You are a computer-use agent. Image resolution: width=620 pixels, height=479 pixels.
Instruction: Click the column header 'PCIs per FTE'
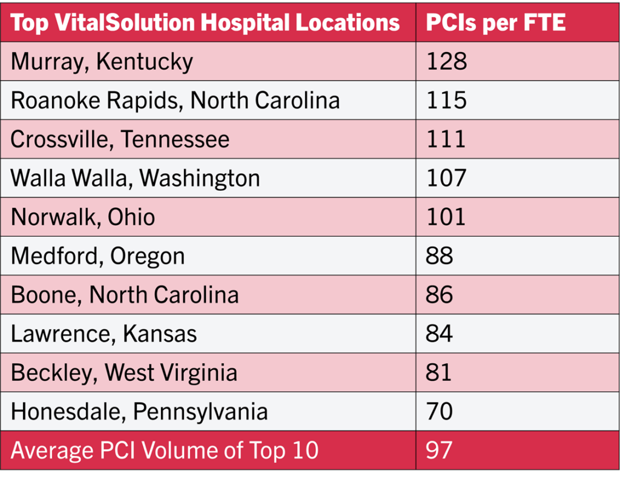pyautogui.click(x=496, y=23)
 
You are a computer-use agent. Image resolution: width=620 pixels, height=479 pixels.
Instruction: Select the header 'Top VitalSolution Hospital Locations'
pyautogui.click(x=205, y=23)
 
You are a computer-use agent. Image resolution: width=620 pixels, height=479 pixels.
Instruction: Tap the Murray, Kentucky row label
pyautogui.click(x=102, y=61)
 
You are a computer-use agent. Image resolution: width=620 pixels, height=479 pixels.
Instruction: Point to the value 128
pyautogui.click(x=447, y=61)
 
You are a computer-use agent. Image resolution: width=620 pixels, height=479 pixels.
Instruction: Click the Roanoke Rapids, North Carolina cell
pyautogui.click(x=175, y=100)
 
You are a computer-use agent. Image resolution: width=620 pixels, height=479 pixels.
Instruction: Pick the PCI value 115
pyautogui.click(x=447, y=100)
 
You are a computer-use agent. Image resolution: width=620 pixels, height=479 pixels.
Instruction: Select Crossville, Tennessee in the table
pyautogui.click(x=120, y=139)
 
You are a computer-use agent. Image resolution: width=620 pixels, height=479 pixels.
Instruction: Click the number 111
pyautogui.click(x=446, y=139)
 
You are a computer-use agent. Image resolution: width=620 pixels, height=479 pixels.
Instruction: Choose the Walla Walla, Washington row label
pyautogui.click(x=135, y=178)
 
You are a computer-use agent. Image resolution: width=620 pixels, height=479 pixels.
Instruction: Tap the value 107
pyautogui.click(x=447, y=178)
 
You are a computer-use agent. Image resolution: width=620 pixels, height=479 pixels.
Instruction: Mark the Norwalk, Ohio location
pyautogui.click(x=83, y=217)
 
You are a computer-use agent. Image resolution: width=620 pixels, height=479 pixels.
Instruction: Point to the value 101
pyautogui.click(x=446, y=217)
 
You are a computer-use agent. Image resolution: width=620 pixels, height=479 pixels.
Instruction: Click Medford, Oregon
pyautogui.click(x=97, y=256)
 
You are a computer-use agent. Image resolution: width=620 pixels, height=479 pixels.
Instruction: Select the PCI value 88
pyautogui.click(x=440, y=256)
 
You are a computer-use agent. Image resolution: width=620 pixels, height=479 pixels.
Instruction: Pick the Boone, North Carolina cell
pyautogui.click(x=125, y=294)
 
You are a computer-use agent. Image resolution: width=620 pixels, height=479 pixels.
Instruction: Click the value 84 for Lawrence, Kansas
pyautogui.click(x=440, y=333)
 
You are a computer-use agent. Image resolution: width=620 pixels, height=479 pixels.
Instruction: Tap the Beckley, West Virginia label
pyautogui.click(x=124, y=372)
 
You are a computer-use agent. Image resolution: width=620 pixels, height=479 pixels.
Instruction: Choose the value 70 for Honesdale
pyautogui.click(x=440, y=411)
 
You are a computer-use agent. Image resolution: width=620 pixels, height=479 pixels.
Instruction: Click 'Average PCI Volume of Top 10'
pyautogui.click(x=165, y=451)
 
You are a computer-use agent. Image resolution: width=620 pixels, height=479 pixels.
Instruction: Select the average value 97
pyautogui.click(x=440, y=451)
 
